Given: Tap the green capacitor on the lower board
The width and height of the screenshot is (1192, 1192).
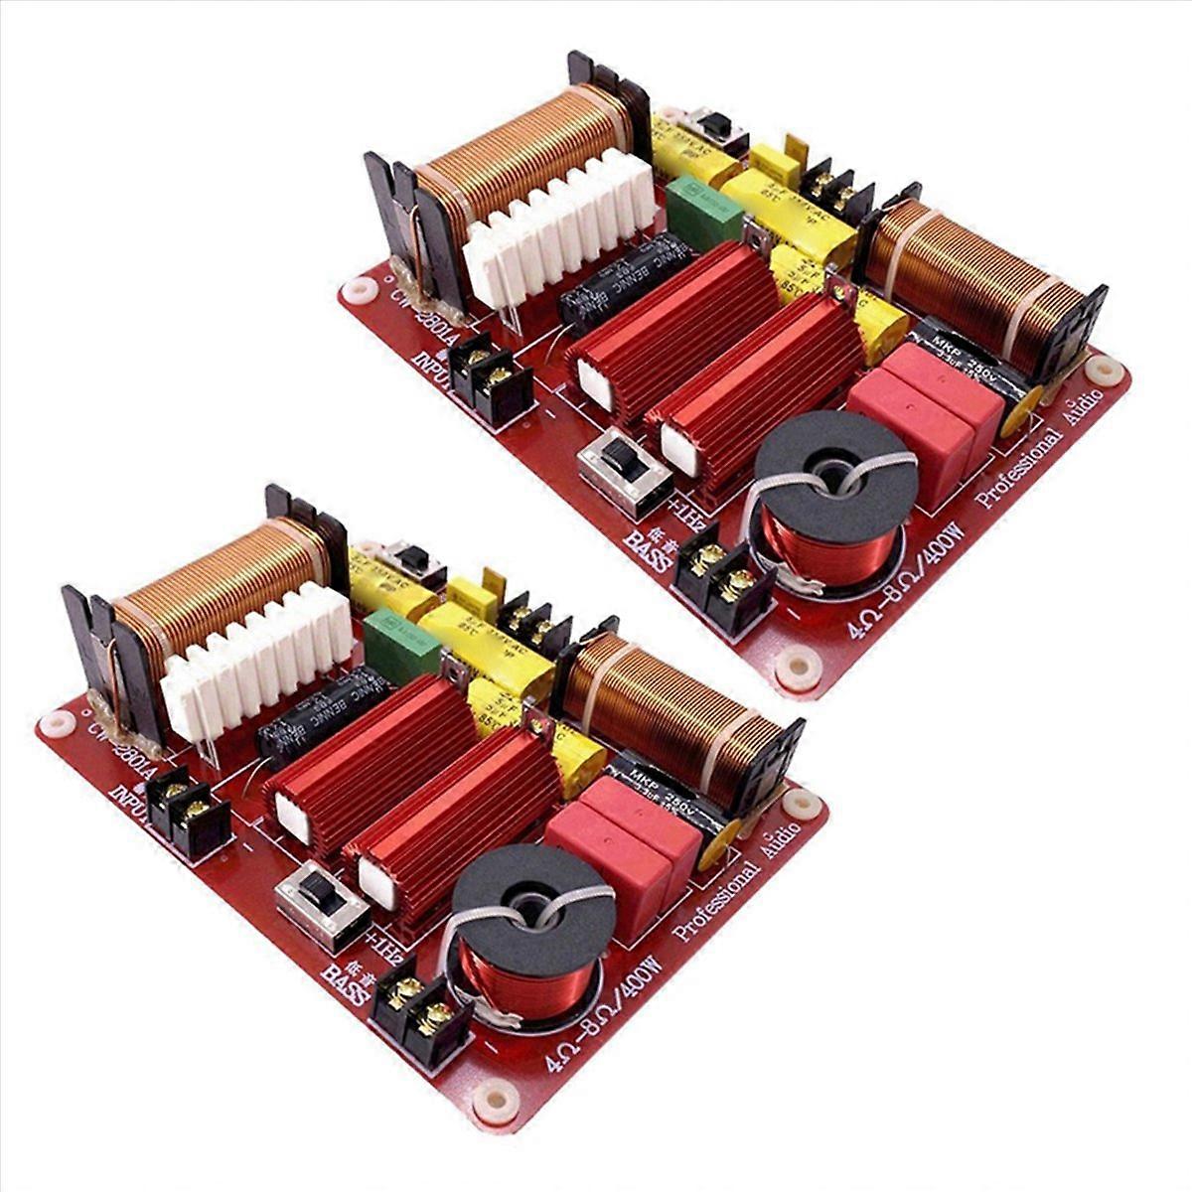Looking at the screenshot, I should click(401, 645).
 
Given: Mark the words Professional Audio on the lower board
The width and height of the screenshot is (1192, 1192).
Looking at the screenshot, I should click(736, 884).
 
